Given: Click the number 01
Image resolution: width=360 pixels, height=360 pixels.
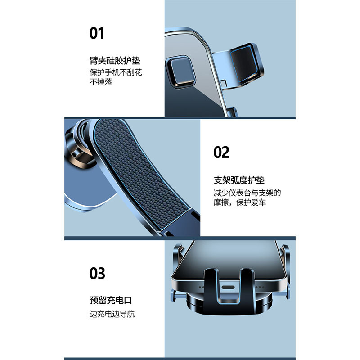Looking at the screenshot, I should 97,33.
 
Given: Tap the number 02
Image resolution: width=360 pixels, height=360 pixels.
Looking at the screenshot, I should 221,153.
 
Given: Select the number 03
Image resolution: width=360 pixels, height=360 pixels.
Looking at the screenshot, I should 97,273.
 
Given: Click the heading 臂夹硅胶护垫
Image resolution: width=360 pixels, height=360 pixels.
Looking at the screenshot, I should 118,60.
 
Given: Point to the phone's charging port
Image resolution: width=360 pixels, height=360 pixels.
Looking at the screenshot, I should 228,286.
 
